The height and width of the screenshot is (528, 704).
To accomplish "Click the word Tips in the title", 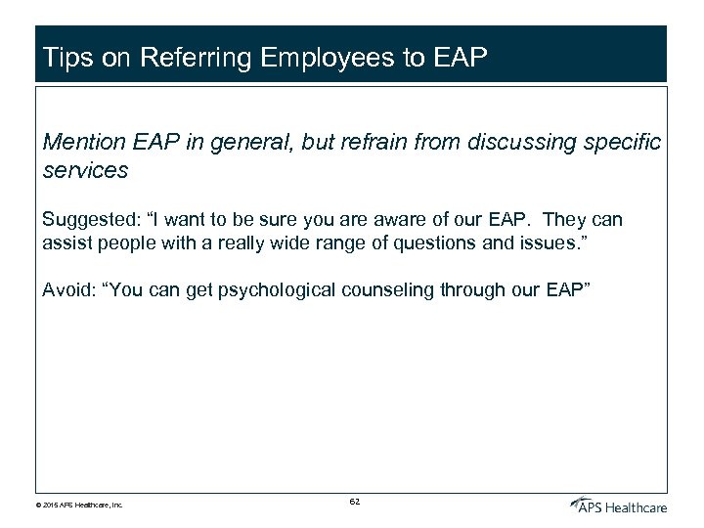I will (x=66, y=58).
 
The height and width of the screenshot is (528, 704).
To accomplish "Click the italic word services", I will (x=85, y=170).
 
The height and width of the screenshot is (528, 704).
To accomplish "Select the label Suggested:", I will (x=87, y=220).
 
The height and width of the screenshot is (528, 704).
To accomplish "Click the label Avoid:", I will (x=67, y=290).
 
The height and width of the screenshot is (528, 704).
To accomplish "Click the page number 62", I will (x=354, y=502).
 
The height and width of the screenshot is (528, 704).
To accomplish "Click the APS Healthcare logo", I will (x=618, y=505).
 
